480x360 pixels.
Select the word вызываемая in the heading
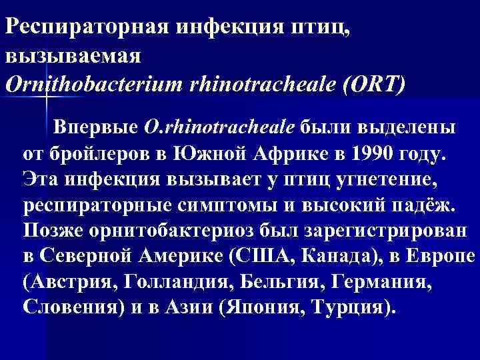coord(73,56)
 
